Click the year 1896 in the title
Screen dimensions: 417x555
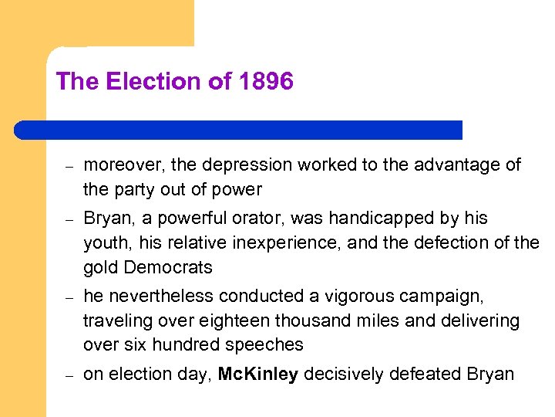(266, 82)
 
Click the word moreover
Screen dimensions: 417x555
(124, 165)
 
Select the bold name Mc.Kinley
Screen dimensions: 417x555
(258, 375)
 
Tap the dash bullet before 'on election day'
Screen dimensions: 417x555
(68, 375)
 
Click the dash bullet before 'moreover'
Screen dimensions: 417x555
(68, 166)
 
